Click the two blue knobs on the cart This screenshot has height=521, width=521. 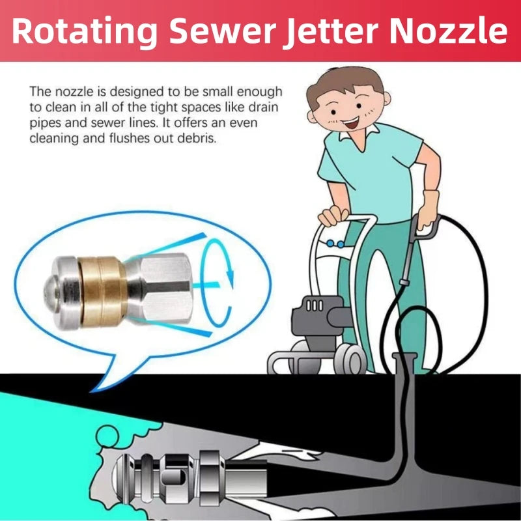pos(336,244)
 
